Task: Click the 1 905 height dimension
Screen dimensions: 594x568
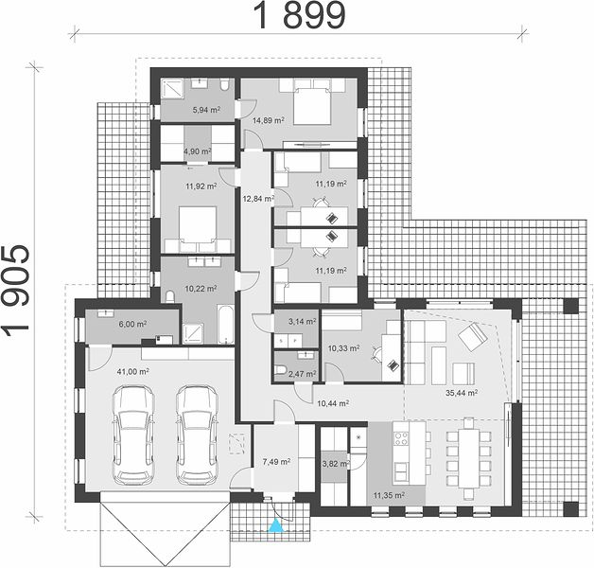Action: [x=16, y=292]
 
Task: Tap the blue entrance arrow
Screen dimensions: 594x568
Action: [x=276, y=526]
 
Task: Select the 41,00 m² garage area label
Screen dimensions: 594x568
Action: [x=132, y=372]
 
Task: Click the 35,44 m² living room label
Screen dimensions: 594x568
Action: [x=462, y=393]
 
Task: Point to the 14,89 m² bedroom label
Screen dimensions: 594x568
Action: [x=269, y=120]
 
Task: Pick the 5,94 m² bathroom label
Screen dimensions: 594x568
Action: [x=206, y=110]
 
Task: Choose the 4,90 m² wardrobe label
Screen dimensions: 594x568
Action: [x=198, y=151]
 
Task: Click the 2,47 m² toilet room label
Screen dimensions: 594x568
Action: [x=303, y=374]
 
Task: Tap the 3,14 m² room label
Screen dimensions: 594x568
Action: [x=303, y=322]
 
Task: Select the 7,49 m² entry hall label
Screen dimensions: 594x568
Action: [x=276, y=461]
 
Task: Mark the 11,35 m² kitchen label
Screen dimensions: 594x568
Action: [x=389, y=495]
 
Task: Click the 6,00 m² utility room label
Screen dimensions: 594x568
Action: [x=132, y=324]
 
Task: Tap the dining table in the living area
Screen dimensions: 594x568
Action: [x=468, y=458]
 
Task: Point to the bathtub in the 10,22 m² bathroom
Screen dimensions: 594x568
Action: [x=226, y=324]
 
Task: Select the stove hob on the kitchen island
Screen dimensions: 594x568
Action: [x=401, y=439]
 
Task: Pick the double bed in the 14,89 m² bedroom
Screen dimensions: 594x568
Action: [x=312, y=106]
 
